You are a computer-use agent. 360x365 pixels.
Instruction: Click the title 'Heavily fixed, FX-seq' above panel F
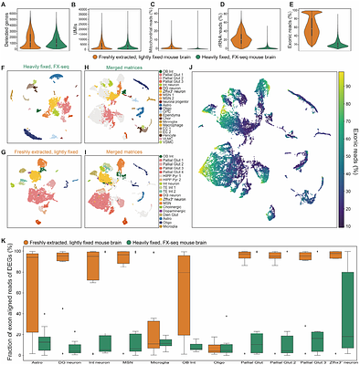click(x=38, y=66)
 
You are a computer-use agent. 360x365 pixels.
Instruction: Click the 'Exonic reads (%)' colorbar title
click(x=355, y=146)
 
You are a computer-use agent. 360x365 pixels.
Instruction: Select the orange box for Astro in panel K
click(x=34, y=292)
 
